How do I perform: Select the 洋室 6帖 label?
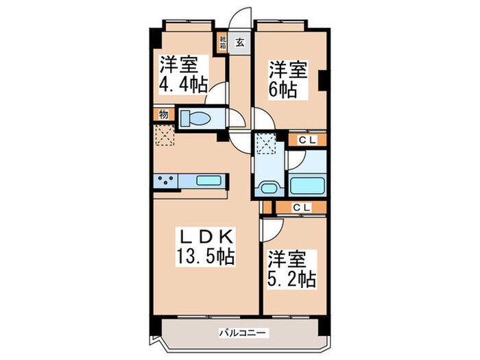click(x=287, y=80)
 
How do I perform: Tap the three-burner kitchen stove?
click(x=165, y=181)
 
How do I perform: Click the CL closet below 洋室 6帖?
click(x=302, y=140)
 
